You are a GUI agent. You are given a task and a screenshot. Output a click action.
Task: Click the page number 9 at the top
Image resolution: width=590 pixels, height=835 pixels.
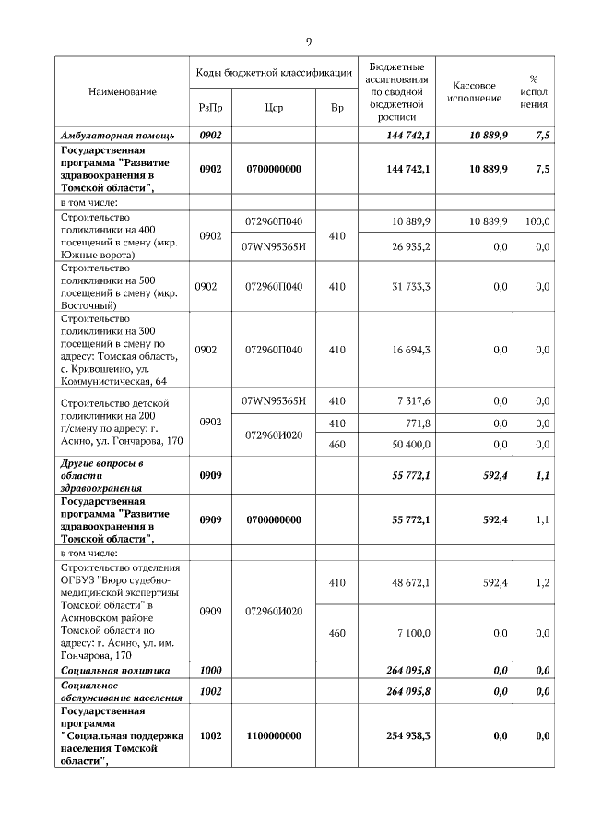click(309, 42)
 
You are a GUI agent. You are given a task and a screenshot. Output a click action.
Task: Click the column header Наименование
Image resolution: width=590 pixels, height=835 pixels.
click(122, 92)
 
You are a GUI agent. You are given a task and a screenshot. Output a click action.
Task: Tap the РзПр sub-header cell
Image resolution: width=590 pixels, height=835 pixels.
click(210, 108)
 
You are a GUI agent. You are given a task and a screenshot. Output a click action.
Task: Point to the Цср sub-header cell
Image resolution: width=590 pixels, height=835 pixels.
click(273, 108)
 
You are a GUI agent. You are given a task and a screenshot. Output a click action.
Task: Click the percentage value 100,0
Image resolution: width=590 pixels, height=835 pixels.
click(537, 222)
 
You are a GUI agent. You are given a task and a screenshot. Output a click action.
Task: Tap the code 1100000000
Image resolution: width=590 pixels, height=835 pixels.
click(273, 735)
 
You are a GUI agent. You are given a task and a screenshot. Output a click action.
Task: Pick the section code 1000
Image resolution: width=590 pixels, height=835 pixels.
click(210, 670)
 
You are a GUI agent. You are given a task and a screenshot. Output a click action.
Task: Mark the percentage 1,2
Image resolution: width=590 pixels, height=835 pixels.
click(542, 583)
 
